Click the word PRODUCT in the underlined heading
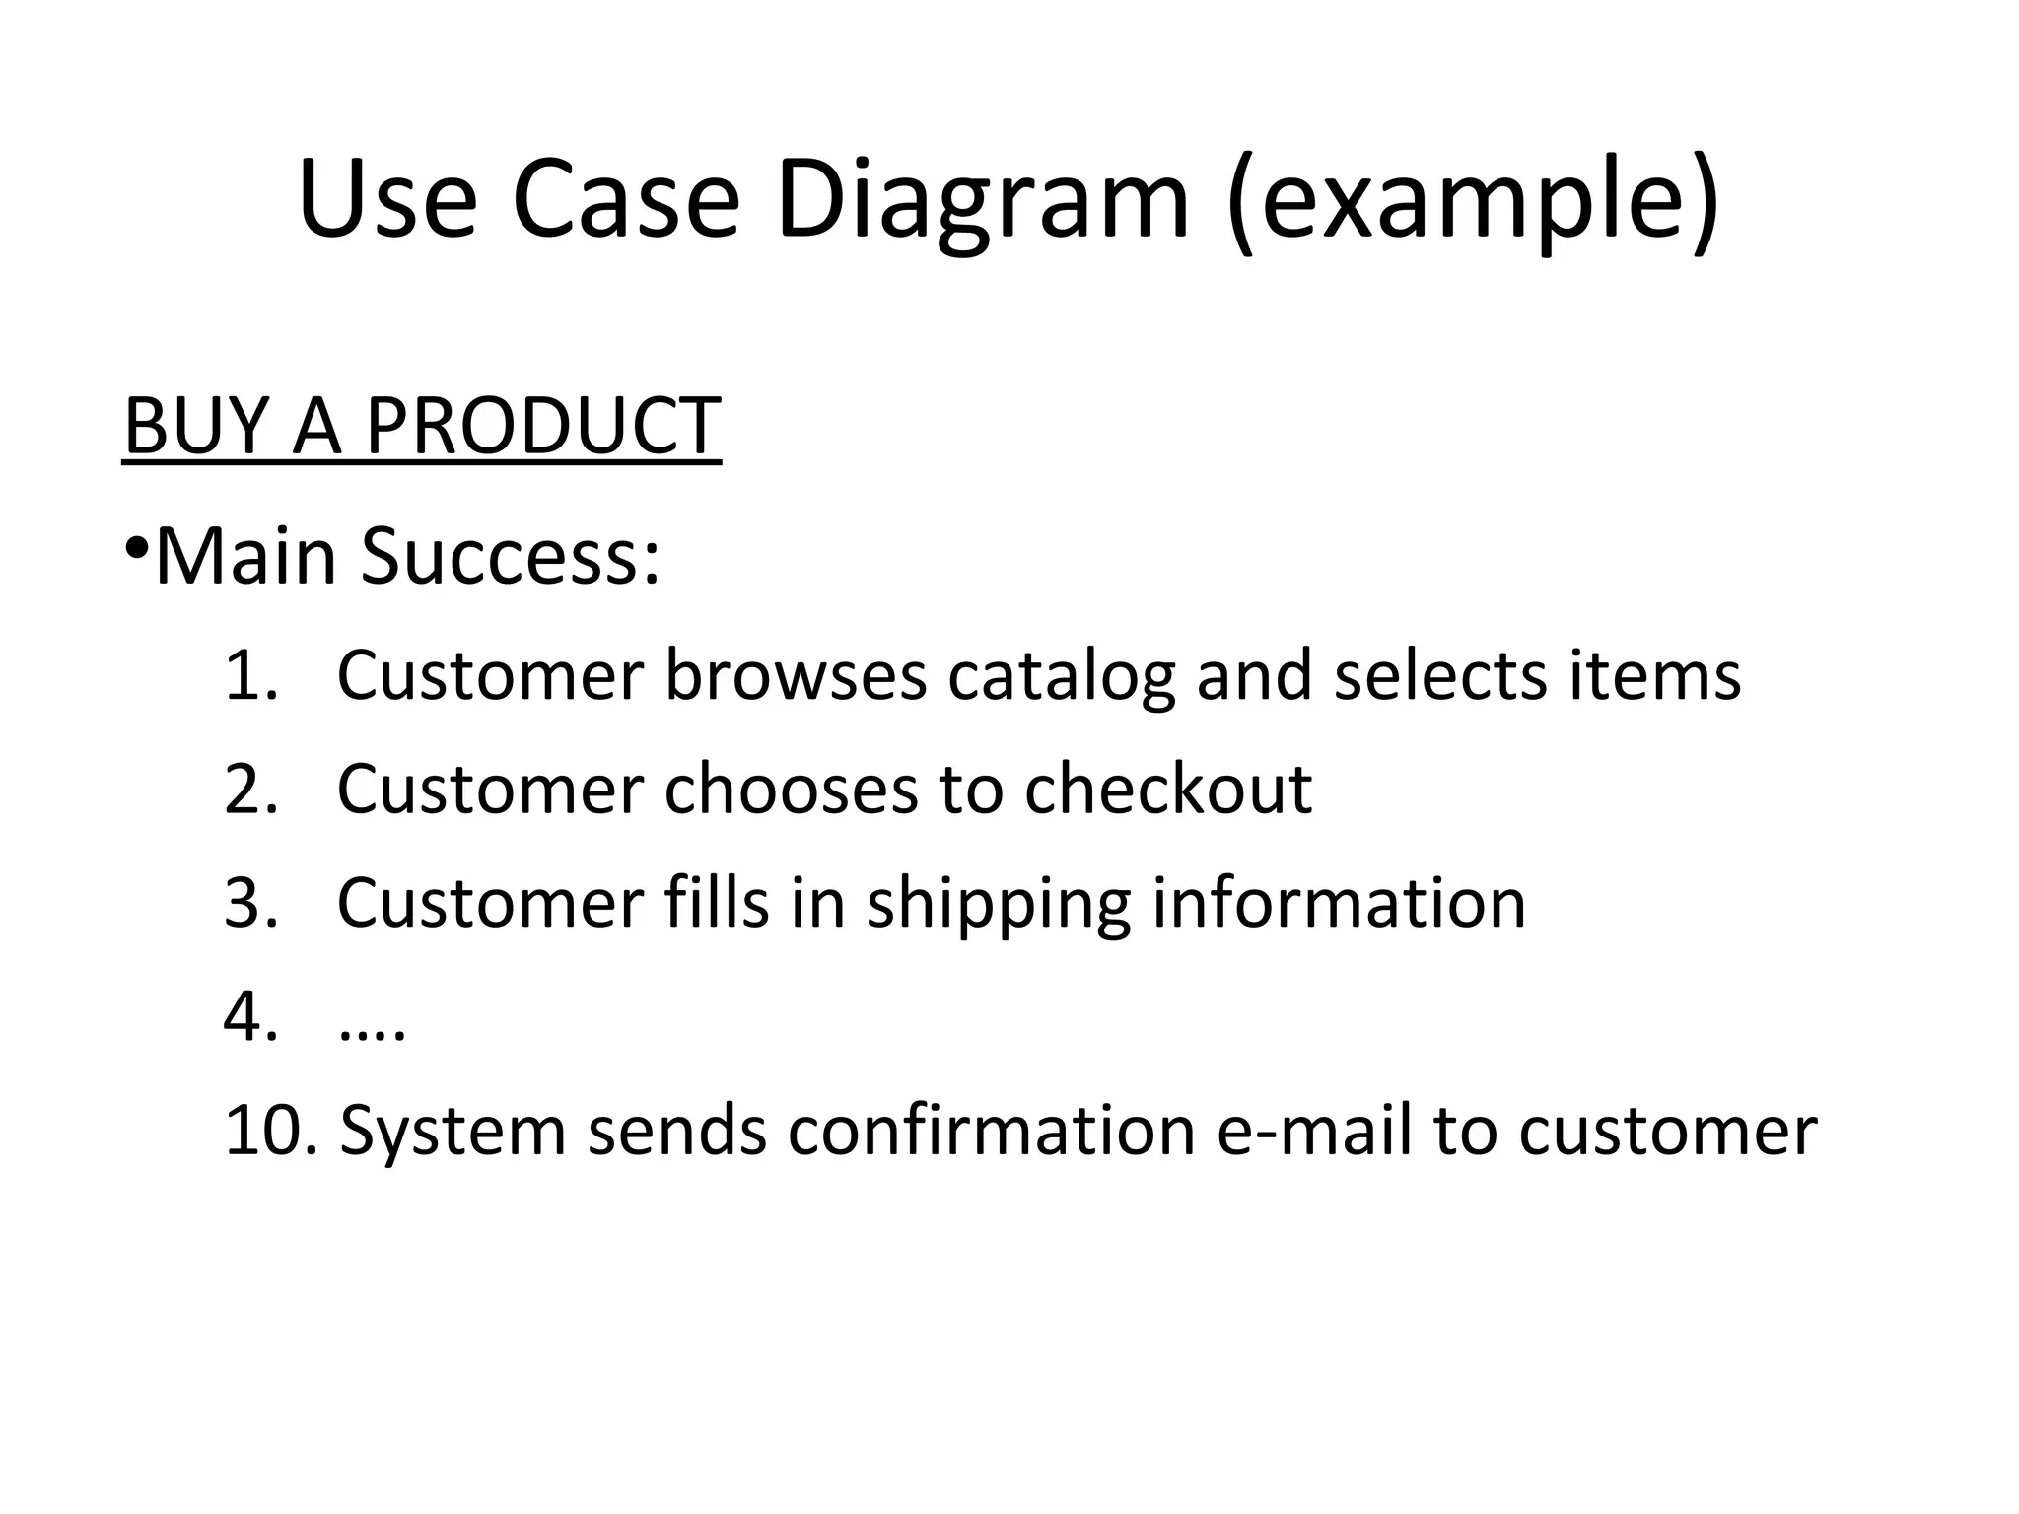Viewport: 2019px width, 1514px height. (x=543, y=426)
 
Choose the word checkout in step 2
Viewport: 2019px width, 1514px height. (x=1168, y=790)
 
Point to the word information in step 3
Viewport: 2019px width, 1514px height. (x=1339, y=904)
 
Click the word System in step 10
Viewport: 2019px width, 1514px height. (x=453, y=1131)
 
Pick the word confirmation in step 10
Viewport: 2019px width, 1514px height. (x=991, y=1131)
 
